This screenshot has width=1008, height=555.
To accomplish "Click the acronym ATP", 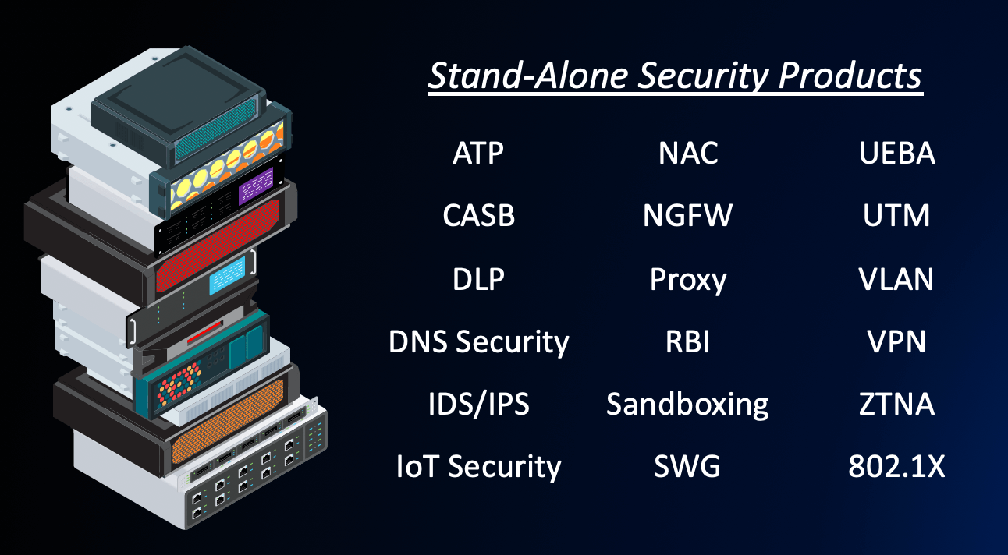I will [478, 154].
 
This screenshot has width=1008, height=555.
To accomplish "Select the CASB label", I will [478, 216].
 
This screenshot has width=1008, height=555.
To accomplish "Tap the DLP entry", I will [478, 279].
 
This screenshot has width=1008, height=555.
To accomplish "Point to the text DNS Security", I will [478, 342].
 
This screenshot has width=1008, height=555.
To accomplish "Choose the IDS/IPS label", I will [478, 405].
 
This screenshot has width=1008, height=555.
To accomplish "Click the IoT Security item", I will [478, 467].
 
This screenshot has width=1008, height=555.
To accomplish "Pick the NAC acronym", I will [687, 154].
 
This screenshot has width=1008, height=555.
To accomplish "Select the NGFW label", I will [687, 216].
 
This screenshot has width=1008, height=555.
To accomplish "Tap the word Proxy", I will [687, 280].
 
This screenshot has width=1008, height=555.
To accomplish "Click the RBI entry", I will [687, 342].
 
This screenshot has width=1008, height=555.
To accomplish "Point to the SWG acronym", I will [687, 467].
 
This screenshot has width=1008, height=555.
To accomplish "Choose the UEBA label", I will [896, 154].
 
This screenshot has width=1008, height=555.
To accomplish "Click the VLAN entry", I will [896, 279].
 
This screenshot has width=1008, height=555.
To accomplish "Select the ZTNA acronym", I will [896, 405].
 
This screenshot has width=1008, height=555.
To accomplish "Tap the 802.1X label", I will [896, 467].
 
